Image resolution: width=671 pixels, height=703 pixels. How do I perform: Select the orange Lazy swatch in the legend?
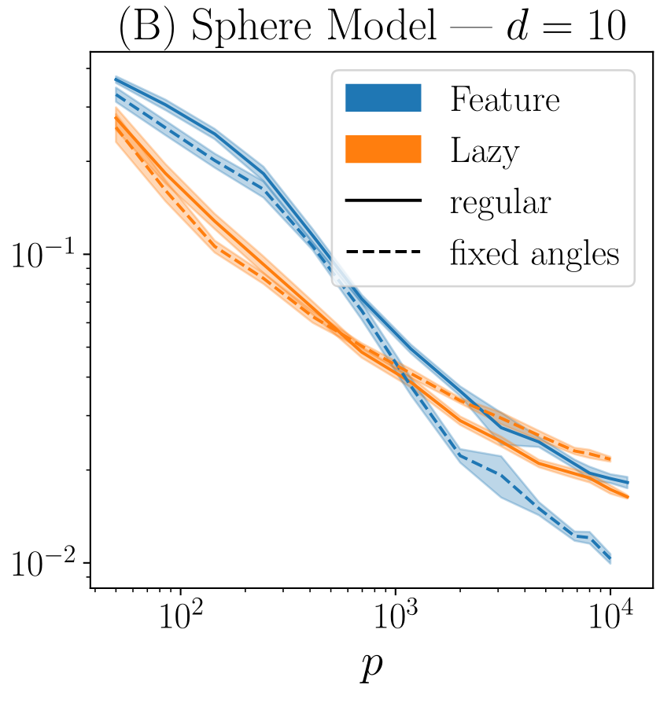pos(384,149)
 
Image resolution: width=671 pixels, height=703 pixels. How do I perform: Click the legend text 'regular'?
pos(500,203)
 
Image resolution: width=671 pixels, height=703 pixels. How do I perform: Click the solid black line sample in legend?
pos(384,202)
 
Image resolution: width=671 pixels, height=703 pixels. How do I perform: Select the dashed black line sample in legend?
pos(384,253)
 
